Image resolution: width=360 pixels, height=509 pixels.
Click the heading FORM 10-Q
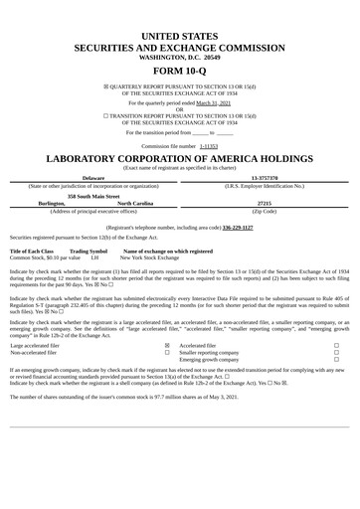click(180, 73)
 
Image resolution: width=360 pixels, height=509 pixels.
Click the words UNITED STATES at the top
click(180, 36)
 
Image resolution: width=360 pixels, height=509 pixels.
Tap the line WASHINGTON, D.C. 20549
click(180, 58)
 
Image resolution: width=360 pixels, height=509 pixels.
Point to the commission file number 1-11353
click(208, 145)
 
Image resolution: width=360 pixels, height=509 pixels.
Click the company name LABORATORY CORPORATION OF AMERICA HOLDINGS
click(180, 159)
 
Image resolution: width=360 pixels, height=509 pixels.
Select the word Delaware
click(93, 178)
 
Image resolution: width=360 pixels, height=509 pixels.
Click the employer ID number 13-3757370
click(265, 178)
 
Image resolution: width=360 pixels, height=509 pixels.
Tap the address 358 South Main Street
click(93, 195)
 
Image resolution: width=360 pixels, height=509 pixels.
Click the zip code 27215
click(265, 203)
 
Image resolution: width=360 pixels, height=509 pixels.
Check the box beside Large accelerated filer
click(166, 346)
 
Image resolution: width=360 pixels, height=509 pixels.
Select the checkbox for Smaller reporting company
click(337, 353)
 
